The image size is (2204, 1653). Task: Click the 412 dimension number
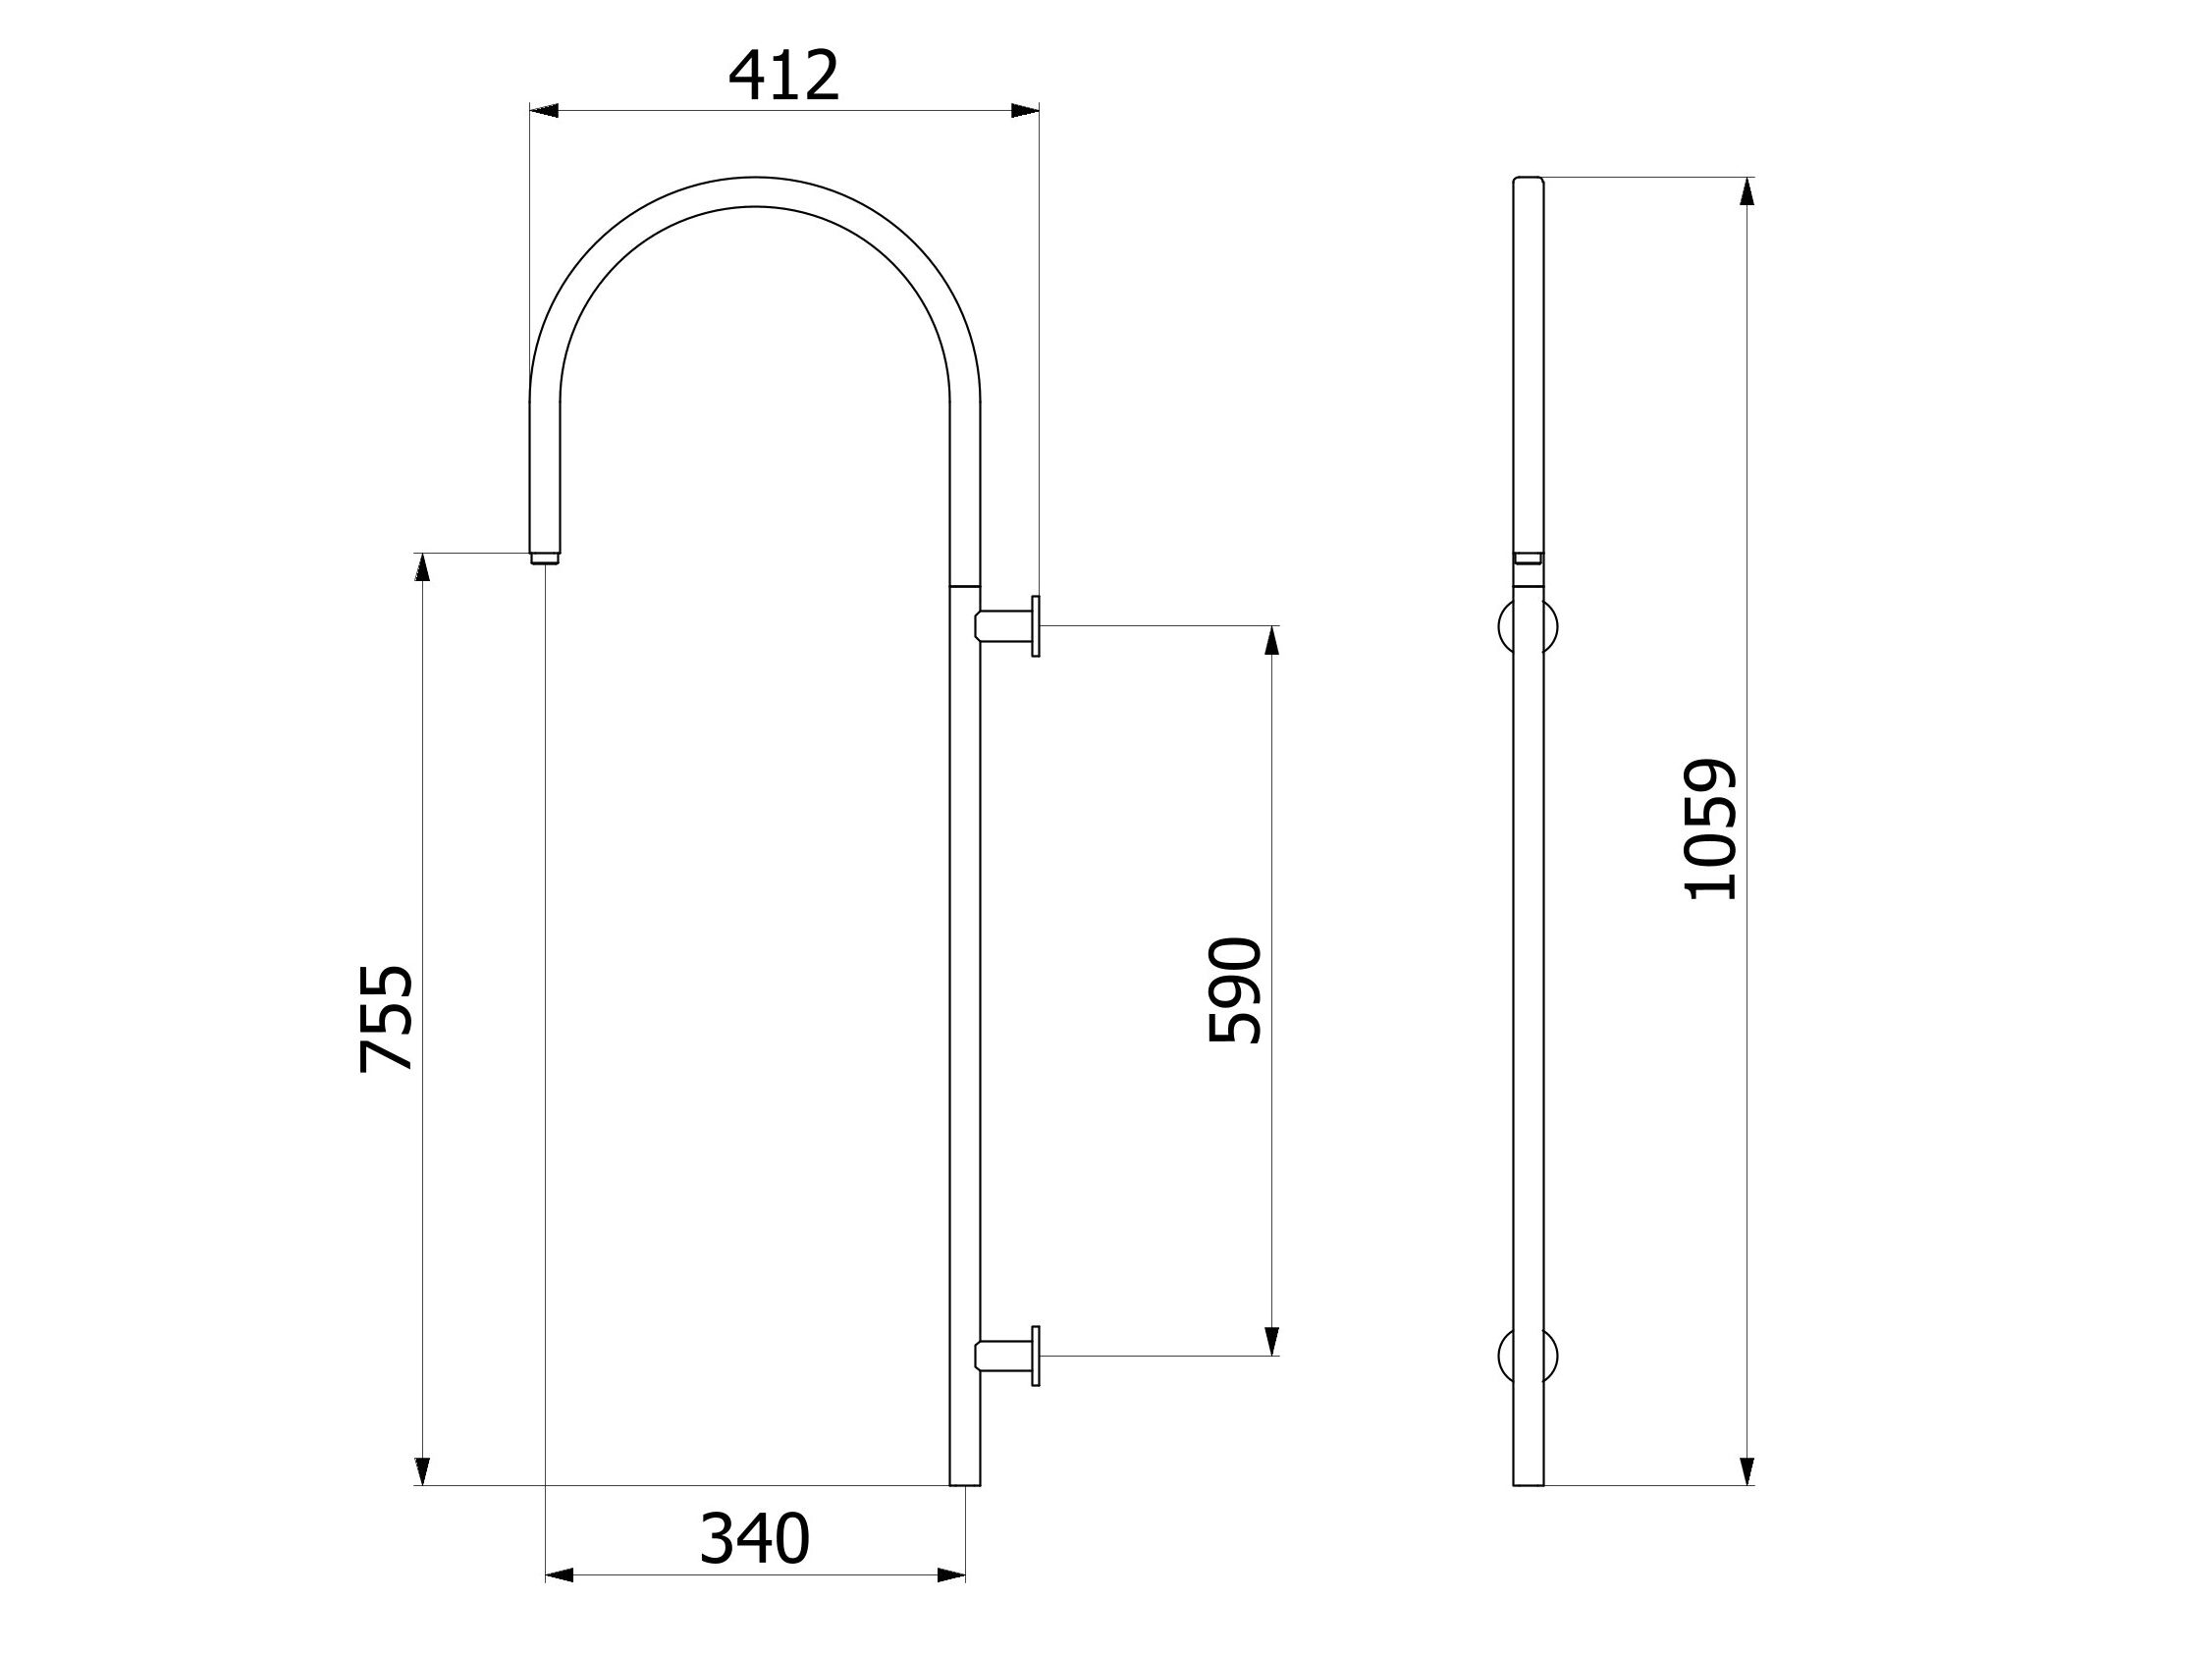click(x=784, y=78)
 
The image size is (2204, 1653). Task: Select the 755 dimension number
click(x=387, y=1017)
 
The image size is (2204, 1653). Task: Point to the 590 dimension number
click(x=1234, y=989)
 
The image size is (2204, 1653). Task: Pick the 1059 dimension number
click(x=1711, y=830)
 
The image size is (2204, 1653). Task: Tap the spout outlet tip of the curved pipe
click(x=545, y=558)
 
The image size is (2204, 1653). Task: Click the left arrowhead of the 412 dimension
click(x=544, y=111)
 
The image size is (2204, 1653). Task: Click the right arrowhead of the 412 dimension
click(x=1024, y=111)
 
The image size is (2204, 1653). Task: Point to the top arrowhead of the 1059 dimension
click(x=1747, y=191)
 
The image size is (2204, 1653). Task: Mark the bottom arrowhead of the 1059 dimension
click(x=1747, y=1470)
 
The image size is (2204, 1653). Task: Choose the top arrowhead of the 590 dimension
click(x=1271, y=641)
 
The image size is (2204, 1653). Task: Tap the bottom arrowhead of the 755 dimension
click(x=422, y=1470)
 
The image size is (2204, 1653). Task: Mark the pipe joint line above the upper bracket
click(x=964, y=586)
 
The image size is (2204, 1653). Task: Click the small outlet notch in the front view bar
click(x=1529, y=558)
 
